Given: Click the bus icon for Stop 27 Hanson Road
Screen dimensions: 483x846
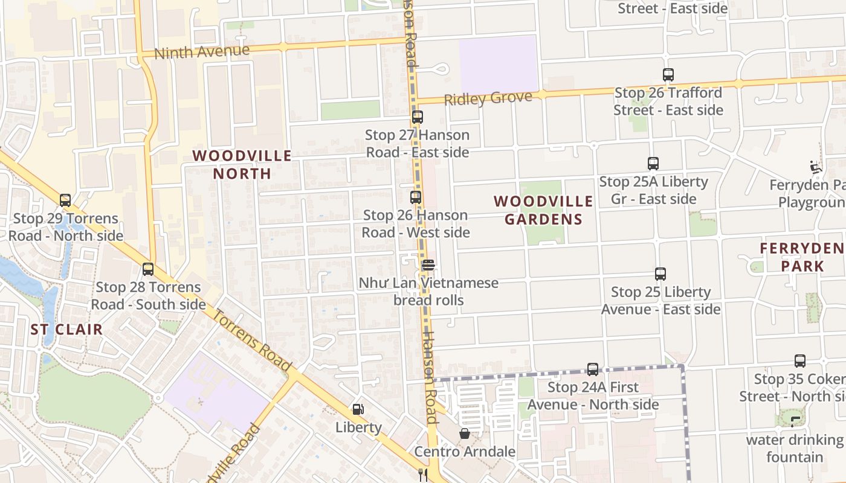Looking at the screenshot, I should click(417, 117).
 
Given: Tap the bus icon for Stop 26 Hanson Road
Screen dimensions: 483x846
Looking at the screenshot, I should click(415, 197).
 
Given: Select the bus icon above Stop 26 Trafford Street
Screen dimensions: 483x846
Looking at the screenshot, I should click(668, 75).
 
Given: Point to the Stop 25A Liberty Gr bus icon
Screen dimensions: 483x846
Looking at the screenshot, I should click(653, 164).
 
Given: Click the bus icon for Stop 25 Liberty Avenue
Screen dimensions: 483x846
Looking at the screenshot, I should click(660, 274).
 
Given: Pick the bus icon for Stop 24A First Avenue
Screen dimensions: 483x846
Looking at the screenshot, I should click(593, 369).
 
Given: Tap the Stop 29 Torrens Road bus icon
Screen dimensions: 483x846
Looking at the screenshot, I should click(65, 200).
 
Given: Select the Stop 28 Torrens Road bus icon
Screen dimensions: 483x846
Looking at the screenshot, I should click(148, 269).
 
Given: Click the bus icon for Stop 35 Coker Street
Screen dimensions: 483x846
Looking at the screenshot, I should click(799, 361).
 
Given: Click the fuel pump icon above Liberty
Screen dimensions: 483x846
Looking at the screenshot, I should click(358, 409).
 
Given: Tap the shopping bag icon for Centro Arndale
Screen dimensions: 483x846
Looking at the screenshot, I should click(464, 433).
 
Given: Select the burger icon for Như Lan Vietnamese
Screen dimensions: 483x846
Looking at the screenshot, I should click(428, 265).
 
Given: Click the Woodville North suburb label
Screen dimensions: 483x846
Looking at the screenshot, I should click(242, 164).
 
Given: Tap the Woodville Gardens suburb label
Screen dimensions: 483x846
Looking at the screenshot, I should click(543, 210).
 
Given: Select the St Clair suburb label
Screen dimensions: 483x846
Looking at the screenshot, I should click(66, 330).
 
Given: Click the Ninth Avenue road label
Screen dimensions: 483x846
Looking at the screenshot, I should click(202, 52).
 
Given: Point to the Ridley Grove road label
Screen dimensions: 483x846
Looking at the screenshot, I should click(488, 98).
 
